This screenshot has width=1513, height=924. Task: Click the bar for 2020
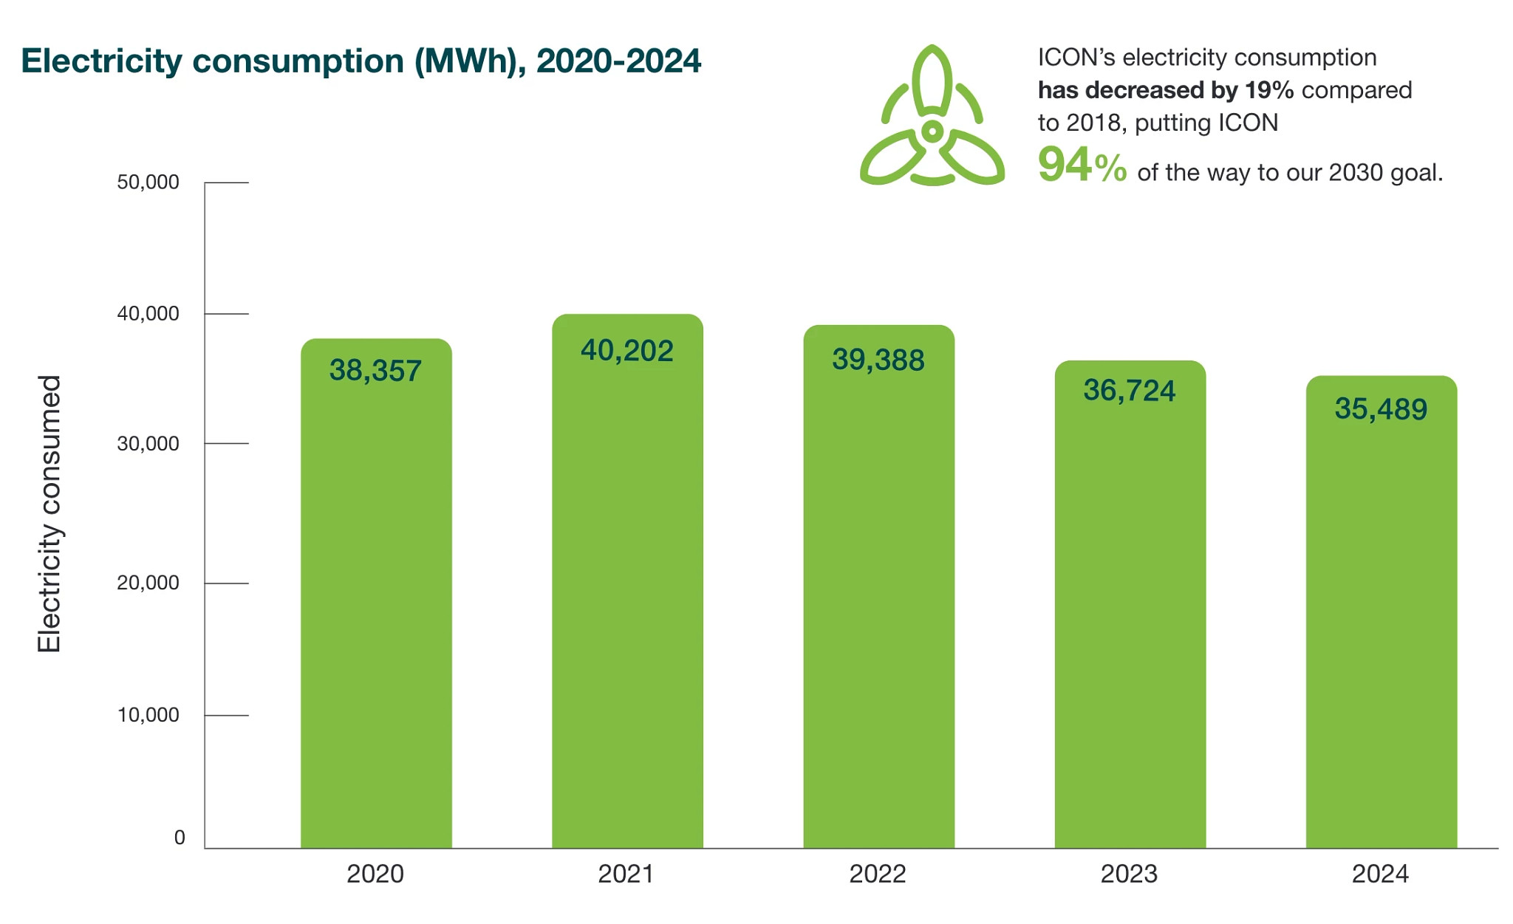click(376, 593)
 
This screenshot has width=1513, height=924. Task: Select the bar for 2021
click(627, 581)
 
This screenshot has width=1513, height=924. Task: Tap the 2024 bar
click(1381, 612)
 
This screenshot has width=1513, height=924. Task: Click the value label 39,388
click(878, 360)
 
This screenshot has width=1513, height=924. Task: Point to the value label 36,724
click(1130, 391)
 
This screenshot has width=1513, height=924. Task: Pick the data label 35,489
click(1381, 409)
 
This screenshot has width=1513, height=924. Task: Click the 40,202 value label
click(627, 351)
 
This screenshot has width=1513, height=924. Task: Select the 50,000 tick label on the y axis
click(148, 182)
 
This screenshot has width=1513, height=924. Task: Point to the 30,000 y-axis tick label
click(148, 444)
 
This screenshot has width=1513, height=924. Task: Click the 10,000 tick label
click(148, 715)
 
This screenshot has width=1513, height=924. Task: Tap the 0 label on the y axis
click(180, 838)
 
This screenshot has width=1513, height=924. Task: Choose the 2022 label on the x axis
click(878, 875)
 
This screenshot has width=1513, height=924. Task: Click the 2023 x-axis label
click(1129, 875)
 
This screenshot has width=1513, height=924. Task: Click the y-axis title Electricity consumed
click(49, 514)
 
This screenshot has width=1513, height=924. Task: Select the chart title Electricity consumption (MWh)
click(274, 61)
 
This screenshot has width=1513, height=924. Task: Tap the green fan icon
click(932, 115)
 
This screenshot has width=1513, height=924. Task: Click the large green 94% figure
click(1082, 165)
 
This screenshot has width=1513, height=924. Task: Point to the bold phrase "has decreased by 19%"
click(1166, 91)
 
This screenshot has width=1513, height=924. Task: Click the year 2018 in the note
click(1094, 123)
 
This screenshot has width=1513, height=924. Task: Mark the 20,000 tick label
click(148, 583)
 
